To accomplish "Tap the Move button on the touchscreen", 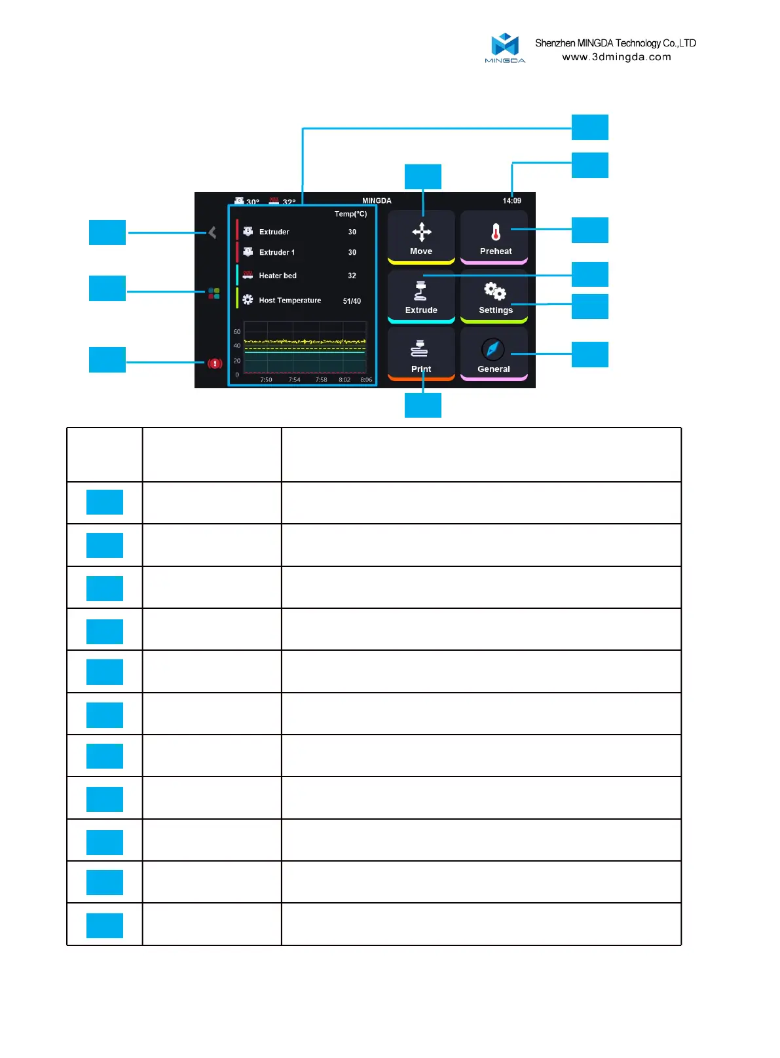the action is point(421,237).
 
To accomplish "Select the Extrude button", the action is point(421,296).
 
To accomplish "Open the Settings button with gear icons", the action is point(494,296).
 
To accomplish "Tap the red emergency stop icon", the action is point(215,363).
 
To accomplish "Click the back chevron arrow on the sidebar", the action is point(212,232).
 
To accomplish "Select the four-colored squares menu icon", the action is point(214,293).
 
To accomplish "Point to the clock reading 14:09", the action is point(512,201).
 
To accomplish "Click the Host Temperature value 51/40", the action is point(352,301).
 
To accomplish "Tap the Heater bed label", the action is point(278,276).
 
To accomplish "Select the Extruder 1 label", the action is point(277,252).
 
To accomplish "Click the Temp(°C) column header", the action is point(350,214).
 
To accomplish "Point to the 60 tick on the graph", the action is point(237,332).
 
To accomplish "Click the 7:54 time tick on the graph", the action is point(295,380).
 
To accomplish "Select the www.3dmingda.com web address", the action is point(616,57).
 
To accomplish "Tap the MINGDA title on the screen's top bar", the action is point(377,201).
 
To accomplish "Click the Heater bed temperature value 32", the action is point(352,276).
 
